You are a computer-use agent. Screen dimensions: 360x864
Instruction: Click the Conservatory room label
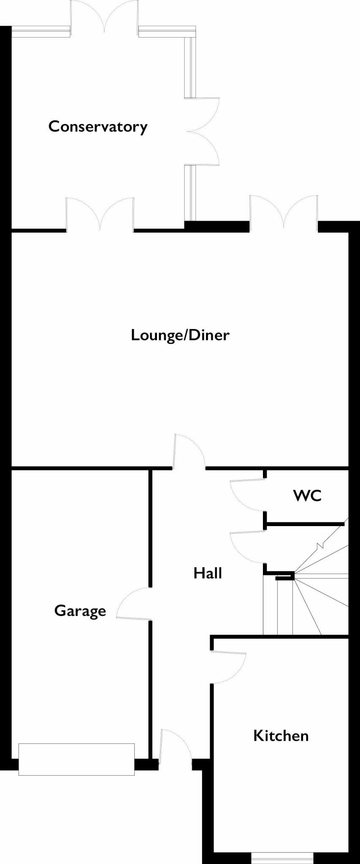(98, 127)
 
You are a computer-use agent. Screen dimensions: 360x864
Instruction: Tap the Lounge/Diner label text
(180, 335)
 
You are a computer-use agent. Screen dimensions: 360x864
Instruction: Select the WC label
(307, 495)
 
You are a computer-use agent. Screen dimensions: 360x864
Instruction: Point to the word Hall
(208, 573)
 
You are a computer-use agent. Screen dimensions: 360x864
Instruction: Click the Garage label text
(80, 611)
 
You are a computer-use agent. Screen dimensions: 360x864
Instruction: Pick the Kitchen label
(281, 736)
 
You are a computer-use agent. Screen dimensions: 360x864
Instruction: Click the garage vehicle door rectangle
(76, 759)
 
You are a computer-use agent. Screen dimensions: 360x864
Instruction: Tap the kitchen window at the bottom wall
(282, 858)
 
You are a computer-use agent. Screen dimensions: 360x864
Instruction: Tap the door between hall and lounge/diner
(189, 452)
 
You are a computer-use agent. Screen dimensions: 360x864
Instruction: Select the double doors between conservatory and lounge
(100, 215)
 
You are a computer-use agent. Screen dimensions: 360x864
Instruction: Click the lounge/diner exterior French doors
(284, 213)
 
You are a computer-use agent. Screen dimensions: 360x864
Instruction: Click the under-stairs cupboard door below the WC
(247, 547)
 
